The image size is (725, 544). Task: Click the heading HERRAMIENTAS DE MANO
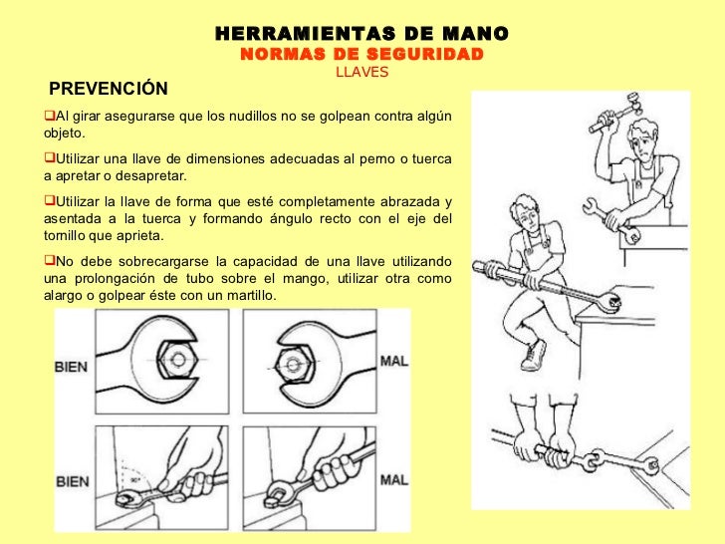pos(362,33)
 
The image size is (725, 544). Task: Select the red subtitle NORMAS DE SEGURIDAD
pos(362,54)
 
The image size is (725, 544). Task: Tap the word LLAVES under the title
pos(362,72)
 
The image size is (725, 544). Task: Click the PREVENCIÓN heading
pos(109,89)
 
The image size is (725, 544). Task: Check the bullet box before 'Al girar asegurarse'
pos(50,115)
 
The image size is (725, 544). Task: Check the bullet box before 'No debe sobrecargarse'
pos(50,260)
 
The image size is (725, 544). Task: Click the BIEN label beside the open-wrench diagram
pos(72,367)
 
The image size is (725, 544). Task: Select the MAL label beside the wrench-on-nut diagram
pos(394,361)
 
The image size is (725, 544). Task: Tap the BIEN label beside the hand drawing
pos(72,481)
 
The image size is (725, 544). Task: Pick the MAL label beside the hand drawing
pos(394,479)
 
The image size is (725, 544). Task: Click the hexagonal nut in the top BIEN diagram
pos(177,360)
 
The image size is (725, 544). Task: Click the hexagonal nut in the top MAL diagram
pos(293,365)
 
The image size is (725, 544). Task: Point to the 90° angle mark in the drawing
pos(134,480)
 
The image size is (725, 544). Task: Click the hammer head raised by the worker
pos(632,103)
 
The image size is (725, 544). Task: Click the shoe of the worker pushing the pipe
pos(534,356)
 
